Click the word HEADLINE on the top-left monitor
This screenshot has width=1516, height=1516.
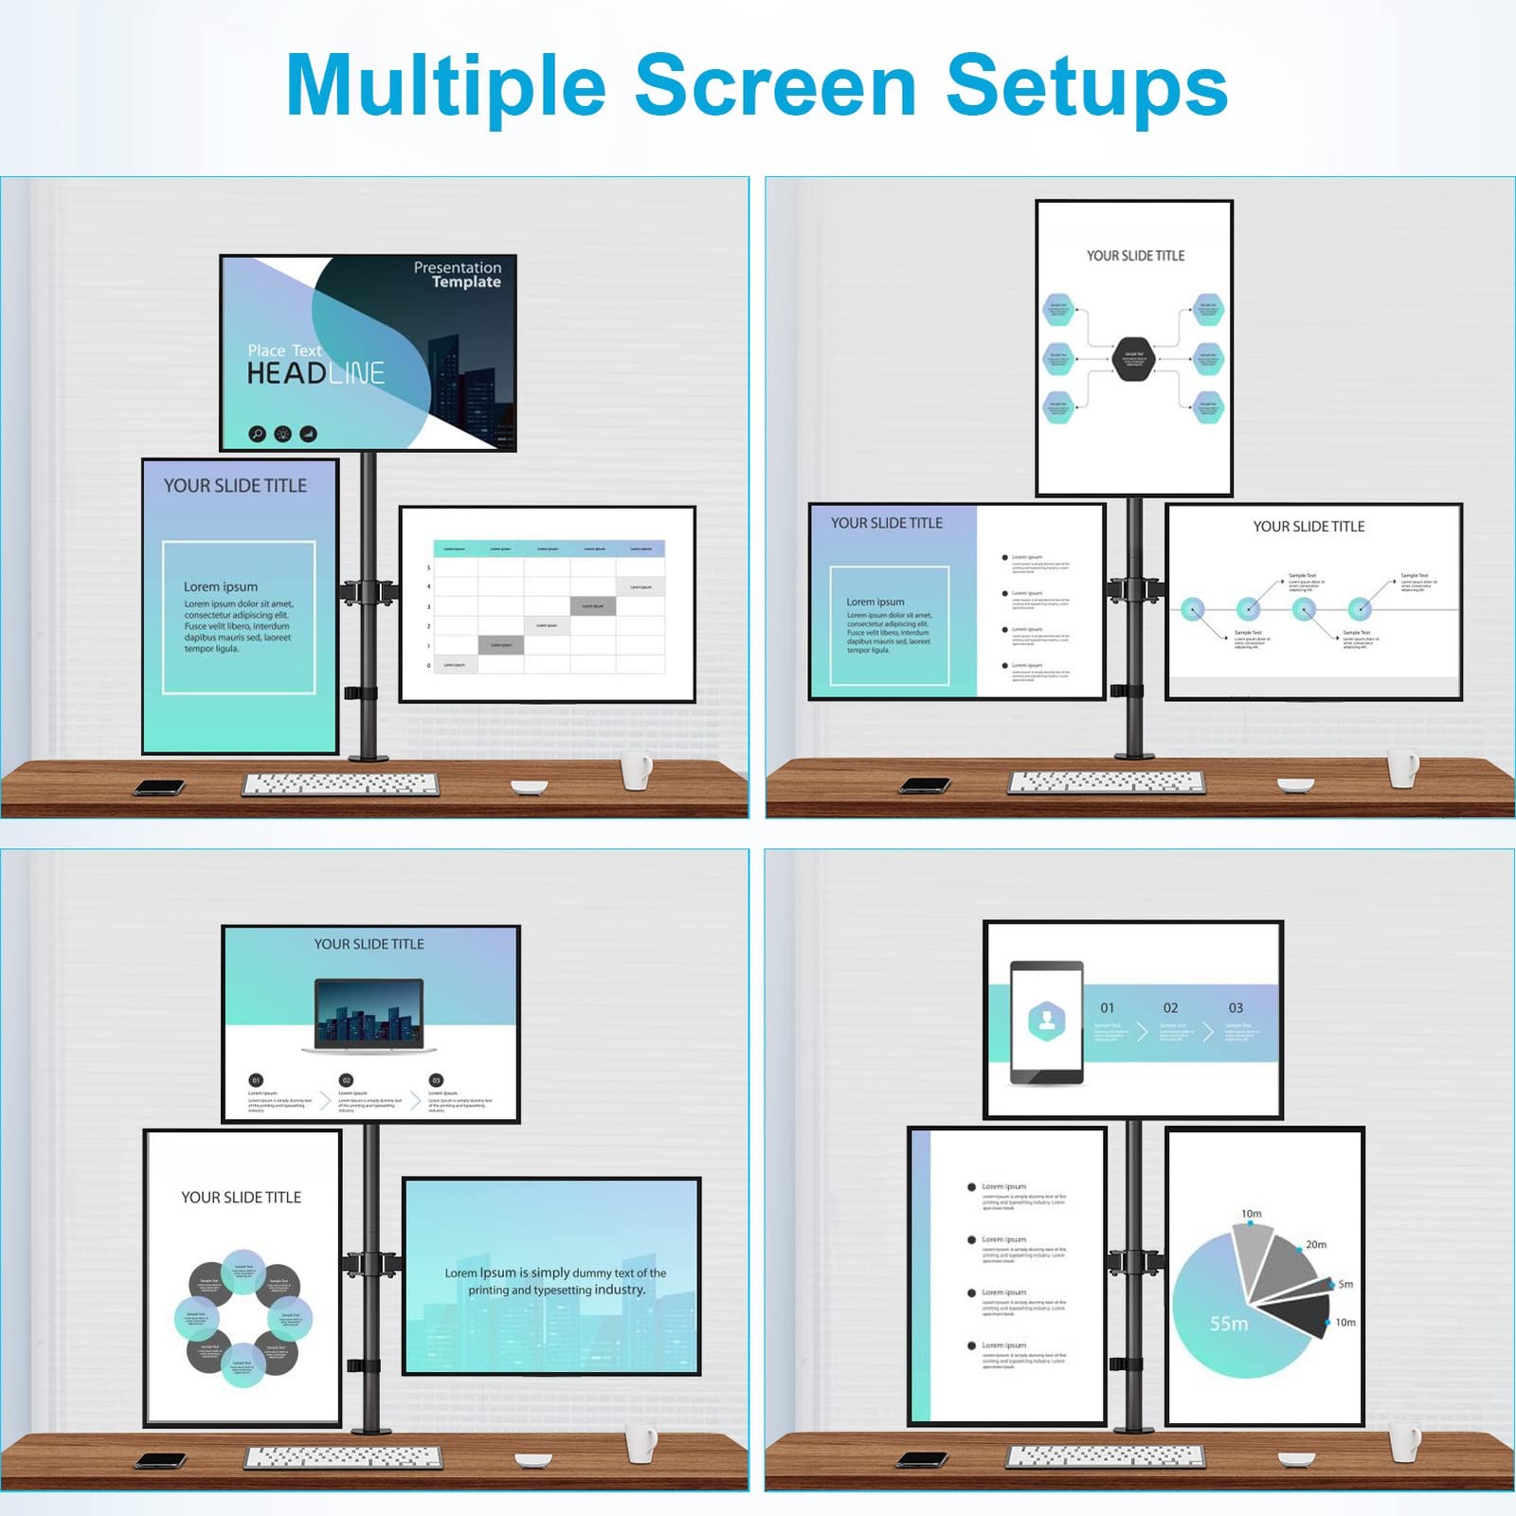point(316,373)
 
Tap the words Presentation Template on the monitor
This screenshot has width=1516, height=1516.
point(458,275)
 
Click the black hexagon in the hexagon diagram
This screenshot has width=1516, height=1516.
point(1133,358)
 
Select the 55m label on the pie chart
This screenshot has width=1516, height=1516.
point(1228,1324)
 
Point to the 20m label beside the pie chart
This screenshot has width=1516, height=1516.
point(1316,1244)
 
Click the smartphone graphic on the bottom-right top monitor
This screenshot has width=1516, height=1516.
point(1046,1022)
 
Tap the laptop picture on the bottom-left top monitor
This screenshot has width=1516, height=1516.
point(370,1016)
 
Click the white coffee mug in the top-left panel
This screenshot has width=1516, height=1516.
point(637,770)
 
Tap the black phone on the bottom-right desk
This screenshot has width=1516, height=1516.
point(923,1459)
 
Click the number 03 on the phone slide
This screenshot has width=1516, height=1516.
point(1236,1007)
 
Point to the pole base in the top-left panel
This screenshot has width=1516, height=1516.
point(369,756)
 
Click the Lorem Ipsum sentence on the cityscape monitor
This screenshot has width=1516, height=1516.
point(555,1281)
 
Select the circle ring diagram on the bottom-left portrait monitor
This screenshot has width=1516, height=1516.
point(244,1318)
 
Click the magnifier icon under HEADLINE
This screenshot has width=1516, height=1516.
point(257,434)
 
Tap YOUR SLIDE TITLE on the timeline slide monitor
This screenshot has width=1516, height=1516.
point(1308,527)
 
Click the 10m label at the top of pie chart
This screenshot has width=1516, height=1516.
point(1251,1214)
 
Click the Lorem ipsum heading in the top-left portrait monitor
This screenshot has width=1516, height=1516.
point(221,587)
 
